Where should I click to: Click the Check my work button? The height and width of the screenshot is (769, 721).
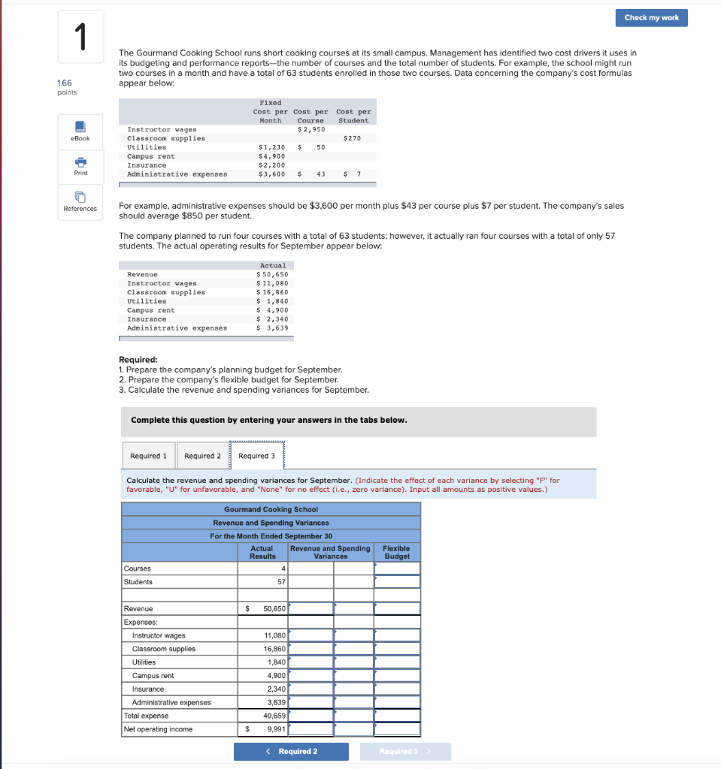(x=651, y=17)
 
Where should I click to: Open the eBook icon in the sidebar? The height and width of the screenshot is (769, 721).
(x=80, y=128)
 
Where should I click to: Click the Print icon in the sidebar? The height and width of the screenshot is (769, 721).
(x=80, y=163)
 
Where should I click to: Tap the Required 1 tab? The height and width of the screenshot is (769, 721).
(x=149, y=456)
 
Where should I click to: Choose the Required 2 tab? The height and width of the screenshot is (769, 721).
(x=202, y=456)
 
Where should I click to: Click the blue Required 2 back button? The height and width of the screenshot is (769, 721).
(x=291, y=751)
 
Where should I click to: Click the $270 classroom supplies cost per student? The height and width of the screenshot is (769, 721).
(x=352, y=138)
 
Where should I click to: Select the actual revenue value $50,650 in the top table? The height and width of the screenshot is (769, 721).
(x=272, y=274)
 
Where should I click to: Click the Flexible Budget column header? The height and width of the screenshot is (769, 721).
(x=397, y=552)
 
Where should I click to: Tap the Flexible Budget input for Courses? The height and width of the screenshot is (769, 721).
(x=397, y=568)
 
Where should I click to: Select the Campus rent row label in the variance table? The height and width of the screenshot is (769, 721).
(x=153, y=676)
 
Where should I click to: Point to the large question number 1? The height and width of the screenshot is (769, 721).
(x=80, y=38)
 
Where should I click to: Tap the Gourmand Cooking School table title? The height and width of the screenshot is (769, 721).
(x=271, y=509)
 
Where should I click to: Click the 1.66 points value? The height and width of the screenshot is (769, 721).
(x=65, y=83)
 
